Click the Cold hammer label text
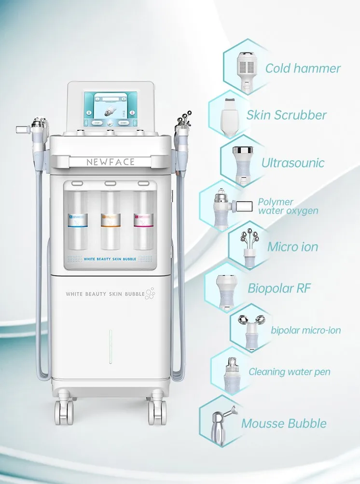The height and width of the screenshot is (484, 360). point(303,68)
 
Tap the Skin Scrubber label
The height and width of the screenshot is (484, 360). point(286,115)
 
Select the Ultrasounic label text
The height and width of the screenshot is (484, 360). point(293,163)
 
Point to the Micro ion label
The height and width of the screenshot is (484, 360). point(293,247)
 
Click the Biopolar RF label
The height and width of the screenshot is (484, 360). point(279,289)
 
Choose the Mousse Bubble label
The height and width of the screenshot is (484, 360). point(284,424)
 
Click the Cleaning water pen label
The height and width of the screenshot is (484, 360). point(290,372)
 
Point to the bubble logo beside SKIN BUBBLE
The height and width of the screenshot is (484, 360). point(150,292)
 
